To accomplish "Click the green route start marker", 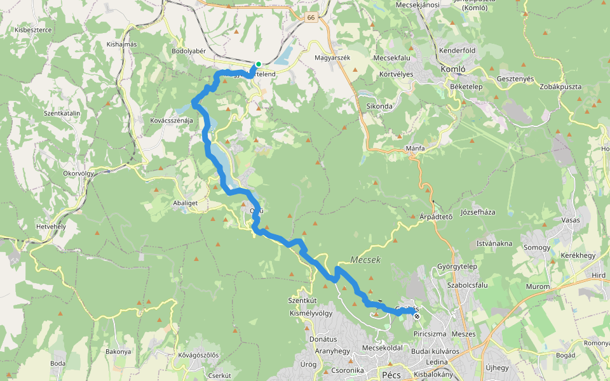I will [x=259, y=64].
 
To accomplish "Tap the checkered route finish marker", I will [x=417, y=316].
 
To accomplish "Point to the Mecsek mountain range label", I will [x=365, y=260].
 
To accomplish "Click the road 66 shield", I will [x=310, y=18].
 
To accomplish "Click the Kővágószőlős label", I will [x=198, y=355].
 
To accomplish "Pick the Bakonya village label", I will [x=118, y=351].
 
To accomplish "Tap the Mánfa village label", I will [x=415, y=148].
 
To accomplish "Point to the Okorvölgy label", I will [x=79, y=173].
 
